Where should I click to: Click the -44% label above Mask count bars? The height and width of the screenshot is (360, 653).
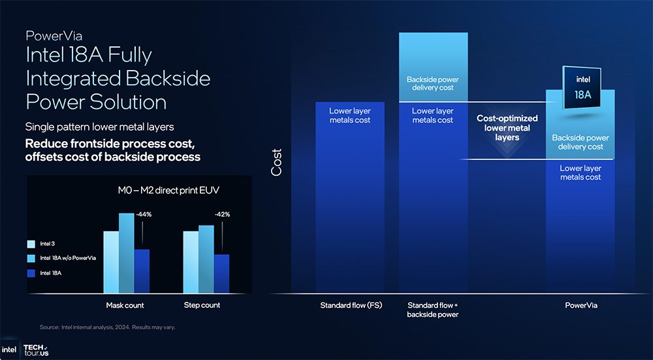(x=144, y=214)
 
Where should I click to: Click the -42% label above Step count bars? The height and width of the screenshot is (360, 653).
(x=222, y=214)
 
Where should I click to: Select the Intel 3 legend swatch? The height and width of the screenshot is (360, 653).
(x=31, y=244)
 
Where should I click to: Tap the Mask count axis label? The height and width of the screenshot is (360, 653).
(x=125, y=305)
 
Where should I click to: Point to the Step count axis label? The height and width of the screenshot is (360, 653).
(x=202, y=305)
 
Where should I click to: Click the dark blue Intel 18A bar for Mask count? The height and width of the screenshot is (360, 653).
(x=142, y=271)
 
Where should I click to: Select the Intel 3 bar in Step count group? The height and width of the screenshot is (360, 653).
(x=191, y=262)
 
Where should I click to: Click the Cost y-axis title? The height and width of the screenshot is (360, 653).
(x=277, y=162)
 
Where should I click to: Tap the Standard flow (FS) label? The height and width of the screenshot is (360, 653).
(x=351, y=305)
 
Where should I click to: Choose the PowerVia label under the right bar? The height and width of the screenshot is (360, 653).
(x=581, y=305)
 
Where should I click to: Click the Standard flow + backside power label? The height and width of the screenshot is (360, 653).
(x=433, y=310)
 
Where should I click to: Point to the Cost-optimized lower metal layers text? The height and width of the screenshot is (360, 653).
(x=507, y=128)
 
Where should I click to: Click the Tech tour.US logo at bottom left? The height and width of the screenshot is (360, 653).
(x=35, y=350)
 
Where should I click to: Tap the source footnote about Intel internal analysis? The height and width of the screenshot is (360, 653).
(x=107, y=327)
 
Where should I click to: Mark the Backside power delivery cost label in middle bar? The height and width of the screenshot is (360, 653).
(x=433, y=84)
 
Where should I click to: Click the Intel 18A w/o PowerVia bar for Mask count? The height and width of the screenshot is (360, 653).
(x=126, y=253)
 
